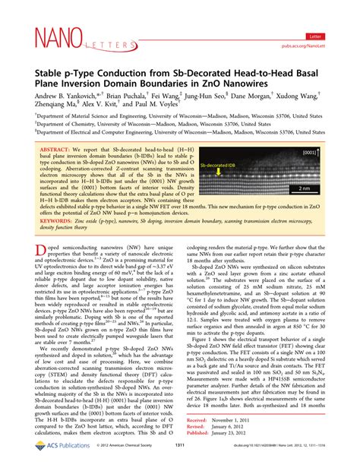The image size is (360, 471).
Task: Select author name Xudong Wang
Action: [305, 82]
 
